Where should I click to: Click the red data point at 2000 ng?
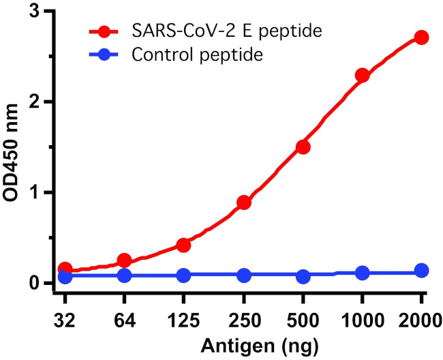point(421,37)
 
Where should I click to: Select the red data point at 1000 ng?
point(362,75)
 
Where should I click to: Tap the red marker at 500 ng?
point(303,147)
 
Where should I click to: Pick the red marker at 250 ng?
point(244,202)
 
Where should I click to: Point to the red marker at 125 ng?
point(183,245)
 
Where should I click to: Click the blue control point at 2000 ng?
point(421,271)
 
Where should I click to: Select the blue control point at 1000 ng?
point(362,273)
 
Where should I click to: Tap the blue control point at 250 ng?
point(244,275)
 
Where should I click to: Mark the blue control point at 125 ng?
point(183,275)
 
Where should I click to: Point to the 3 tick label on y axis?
point(42,12)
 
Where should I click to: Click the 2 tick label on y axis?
point(42,102)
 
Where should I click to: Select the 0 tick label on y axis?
point(42,283)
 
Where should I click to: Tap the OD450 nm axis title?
point(13,147)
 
